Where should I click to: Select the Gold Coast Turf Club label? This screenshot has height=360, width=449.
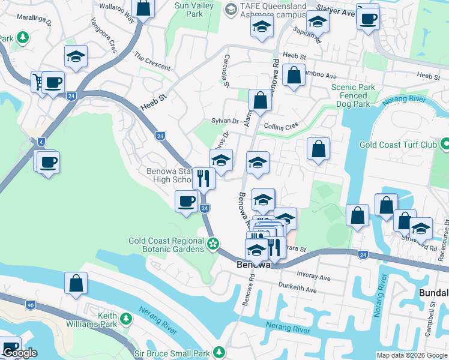pyautogui.click(x=399, y=145)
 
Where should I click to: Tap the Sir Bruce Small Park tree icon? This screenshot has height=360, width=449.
pyautogui.click(x=220, y=352)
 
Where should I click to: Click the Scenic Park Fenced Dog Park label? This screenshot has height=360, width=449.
pyautogui.click(x=353, y=95)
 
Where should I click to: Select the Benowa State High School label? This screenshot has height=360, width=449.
pyautogui.click(x=168, y=175)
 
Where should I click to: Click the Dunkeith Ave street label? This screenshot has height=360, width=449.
pyautogui.click(x=298, y=290)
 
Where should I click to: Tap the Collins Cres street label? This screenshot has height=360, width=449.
pyautogui.click(x=281, y=127)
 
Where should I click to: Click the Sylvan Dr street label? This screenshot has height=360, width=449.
pyautogui.click(x=225, y=121)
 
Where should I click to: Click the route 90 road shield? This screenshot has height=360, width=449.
pyautogui.click(x=30, y=305)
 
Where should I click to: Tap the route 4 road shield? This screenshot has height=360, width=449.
pyautogui.click(x=41, y=142)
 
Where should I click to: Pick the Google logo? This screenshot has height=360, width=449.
pyautogui.click(x=20, y=353)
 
